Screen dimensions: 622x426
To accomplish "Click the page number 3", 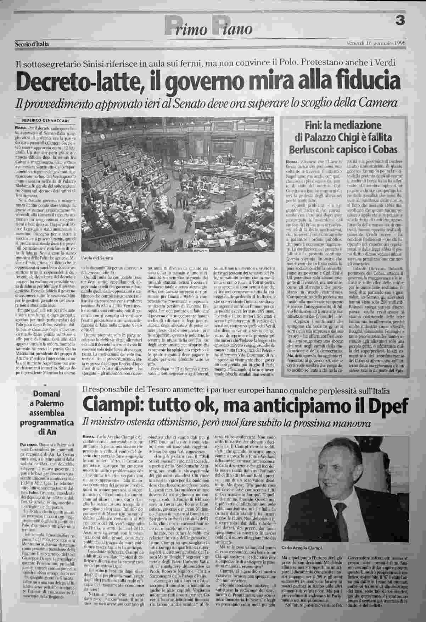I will coord(401,21).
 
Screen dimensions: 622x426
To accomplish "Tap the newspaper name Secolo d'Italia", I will coord(32,44).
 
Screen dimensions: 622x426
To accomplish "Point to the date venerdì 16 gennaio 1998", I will coord(376,43).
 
